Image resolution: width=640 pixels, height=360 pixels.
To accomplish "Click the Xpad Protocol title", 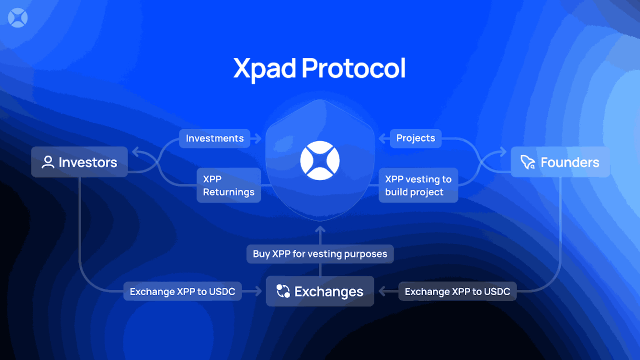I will coord(319,68).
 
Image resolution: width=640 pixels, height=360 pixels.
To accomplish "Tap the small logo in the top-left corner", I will coord(18,18).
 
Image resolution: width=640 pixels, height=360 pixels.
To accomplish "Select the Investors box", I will coord(79,162).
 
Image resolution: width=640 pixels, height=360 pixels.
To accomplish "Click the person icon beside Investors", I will coord(48,162).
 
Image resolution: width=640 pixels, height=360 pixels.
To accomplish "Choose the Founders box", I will coord(560,162).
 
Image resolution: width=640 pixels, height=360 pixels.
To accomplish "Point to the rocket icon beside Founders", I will coord(528,162).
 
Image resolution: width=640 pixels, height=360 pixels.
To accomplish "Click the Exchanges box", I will coord(319,291).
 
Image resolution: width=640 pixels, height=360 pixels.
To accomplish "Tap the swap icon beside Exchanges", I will coord(283,291).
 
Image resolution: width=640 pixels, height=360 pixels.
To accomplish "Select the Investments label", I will coord(214,138).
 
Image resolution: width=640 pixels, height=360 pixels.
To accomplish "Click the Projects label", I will coord(416,138).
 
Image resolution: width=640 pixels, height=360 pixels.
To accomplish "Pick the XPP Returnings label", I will coord(228,185).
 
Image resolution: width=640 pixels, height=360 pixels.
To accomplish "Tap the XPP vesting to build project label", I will coord(418,185).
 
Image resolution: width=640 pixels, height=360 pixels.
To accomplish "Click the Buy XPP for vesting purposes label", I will coord(320,254).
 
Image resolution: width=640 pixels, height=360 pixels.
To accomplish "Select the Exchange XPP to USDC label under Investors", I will coord(182,292).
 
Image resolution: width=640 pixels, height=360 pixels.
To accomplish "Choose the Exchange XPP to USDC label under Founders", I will coord(458,292).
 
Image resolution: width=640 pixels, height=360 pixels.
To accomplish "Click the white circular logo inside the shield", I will coord(320,161).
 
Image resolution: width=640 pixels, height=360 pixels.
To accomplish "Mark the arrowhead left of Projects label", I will coord(383,138).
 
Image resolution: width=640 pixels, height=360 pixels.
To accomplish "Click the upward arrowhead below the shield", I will coord(320,230).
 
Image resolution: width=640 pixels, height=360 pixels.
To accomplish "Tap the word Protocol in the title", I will coord(354,68).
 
